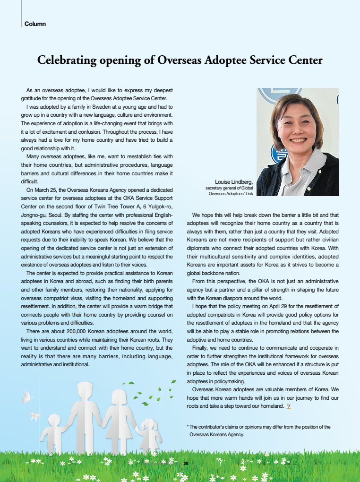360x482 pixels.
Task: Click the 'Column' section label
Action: [35, 24]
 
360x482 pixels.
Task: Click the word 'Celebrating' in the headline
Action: [67, 60]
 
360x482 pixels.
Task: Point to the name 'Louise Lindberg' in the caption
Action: [234, 181]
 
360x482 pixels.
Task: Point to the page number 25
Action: [186, 463]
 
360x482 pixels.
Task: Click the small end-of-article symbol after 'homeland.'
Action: [289, 406]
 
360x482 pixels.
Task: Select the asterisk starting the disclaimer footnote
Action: [189, 427]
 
